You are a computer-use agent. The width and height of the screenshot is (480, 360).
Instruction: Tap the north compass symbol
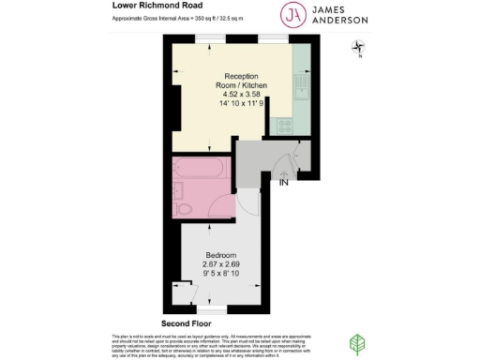356,47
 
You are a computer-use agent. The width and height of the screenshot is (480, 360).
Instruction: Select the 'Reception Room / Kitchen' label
246,81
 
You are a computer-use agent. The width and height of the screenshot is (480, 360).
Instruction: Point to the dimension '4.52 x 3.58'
246,95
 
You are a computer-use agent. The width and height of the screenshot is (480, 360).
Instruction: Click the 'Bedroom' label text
221,255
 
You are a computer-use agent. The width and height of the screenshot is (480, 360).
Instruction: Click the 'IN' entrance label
283,182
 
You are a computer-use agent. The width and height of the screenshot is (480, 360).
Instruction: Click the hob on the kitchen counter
281,121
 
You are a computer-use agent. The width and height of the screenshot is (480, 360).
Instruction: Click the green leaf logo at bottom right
357,343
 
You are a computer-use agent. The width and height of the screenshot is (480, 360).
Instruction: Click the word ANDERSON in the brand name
338,21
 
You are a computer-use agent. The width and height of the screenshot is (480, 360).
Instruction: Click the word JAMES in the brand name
331,8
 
